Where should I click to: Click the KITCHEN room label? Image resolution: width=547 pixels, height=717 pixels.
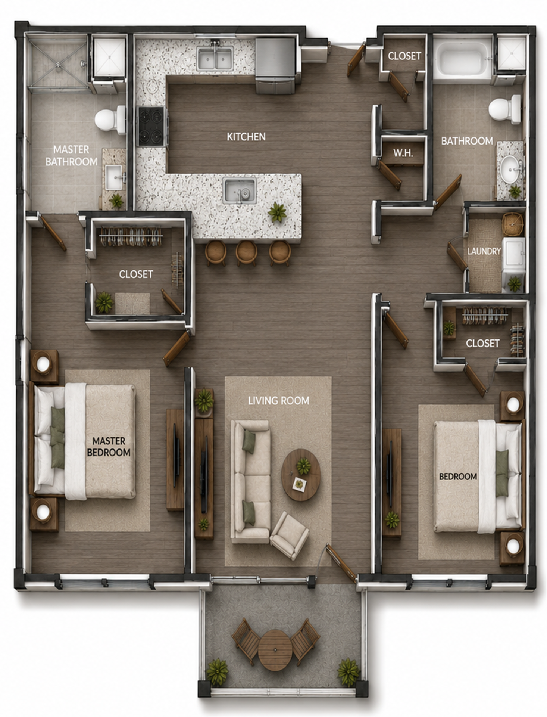[246, 137]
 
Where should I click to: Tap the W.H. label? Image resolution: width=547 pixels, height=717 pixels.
[403, 153]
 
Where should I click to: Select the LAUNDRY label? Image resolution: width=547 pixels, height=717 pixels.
[484, 251]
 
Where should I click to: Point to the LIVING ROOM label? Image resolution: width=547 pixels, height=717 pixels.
[279, 401]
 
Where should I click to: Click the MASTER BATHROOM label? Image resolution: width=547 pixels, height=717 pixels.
[71, 155]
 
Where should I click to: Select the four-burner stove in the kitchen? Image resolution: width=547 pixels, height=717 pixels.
[151, 126]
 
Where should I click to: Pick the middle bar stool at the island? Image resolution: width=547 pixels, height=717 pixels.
[246, 253]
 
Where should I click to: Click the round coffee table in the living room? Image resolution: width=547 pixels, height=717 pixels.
[301, 475]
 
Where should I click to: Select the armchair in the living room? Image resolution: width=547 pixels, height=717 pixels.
[290, 535]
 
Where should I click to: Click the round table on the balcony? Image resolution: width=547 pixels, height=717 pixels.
[275, 650]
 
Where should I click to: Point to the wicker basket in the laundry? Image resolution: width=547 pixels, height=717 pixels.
[513, 224]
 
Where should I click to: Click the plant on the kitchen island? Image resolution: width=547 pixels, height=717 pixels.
[277, 212]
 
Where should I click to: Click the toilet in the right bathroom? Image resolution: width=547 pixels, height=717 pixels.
[504, 109]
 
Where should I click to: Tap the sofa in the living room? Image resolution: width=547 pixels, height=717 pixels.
[250, 482]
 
